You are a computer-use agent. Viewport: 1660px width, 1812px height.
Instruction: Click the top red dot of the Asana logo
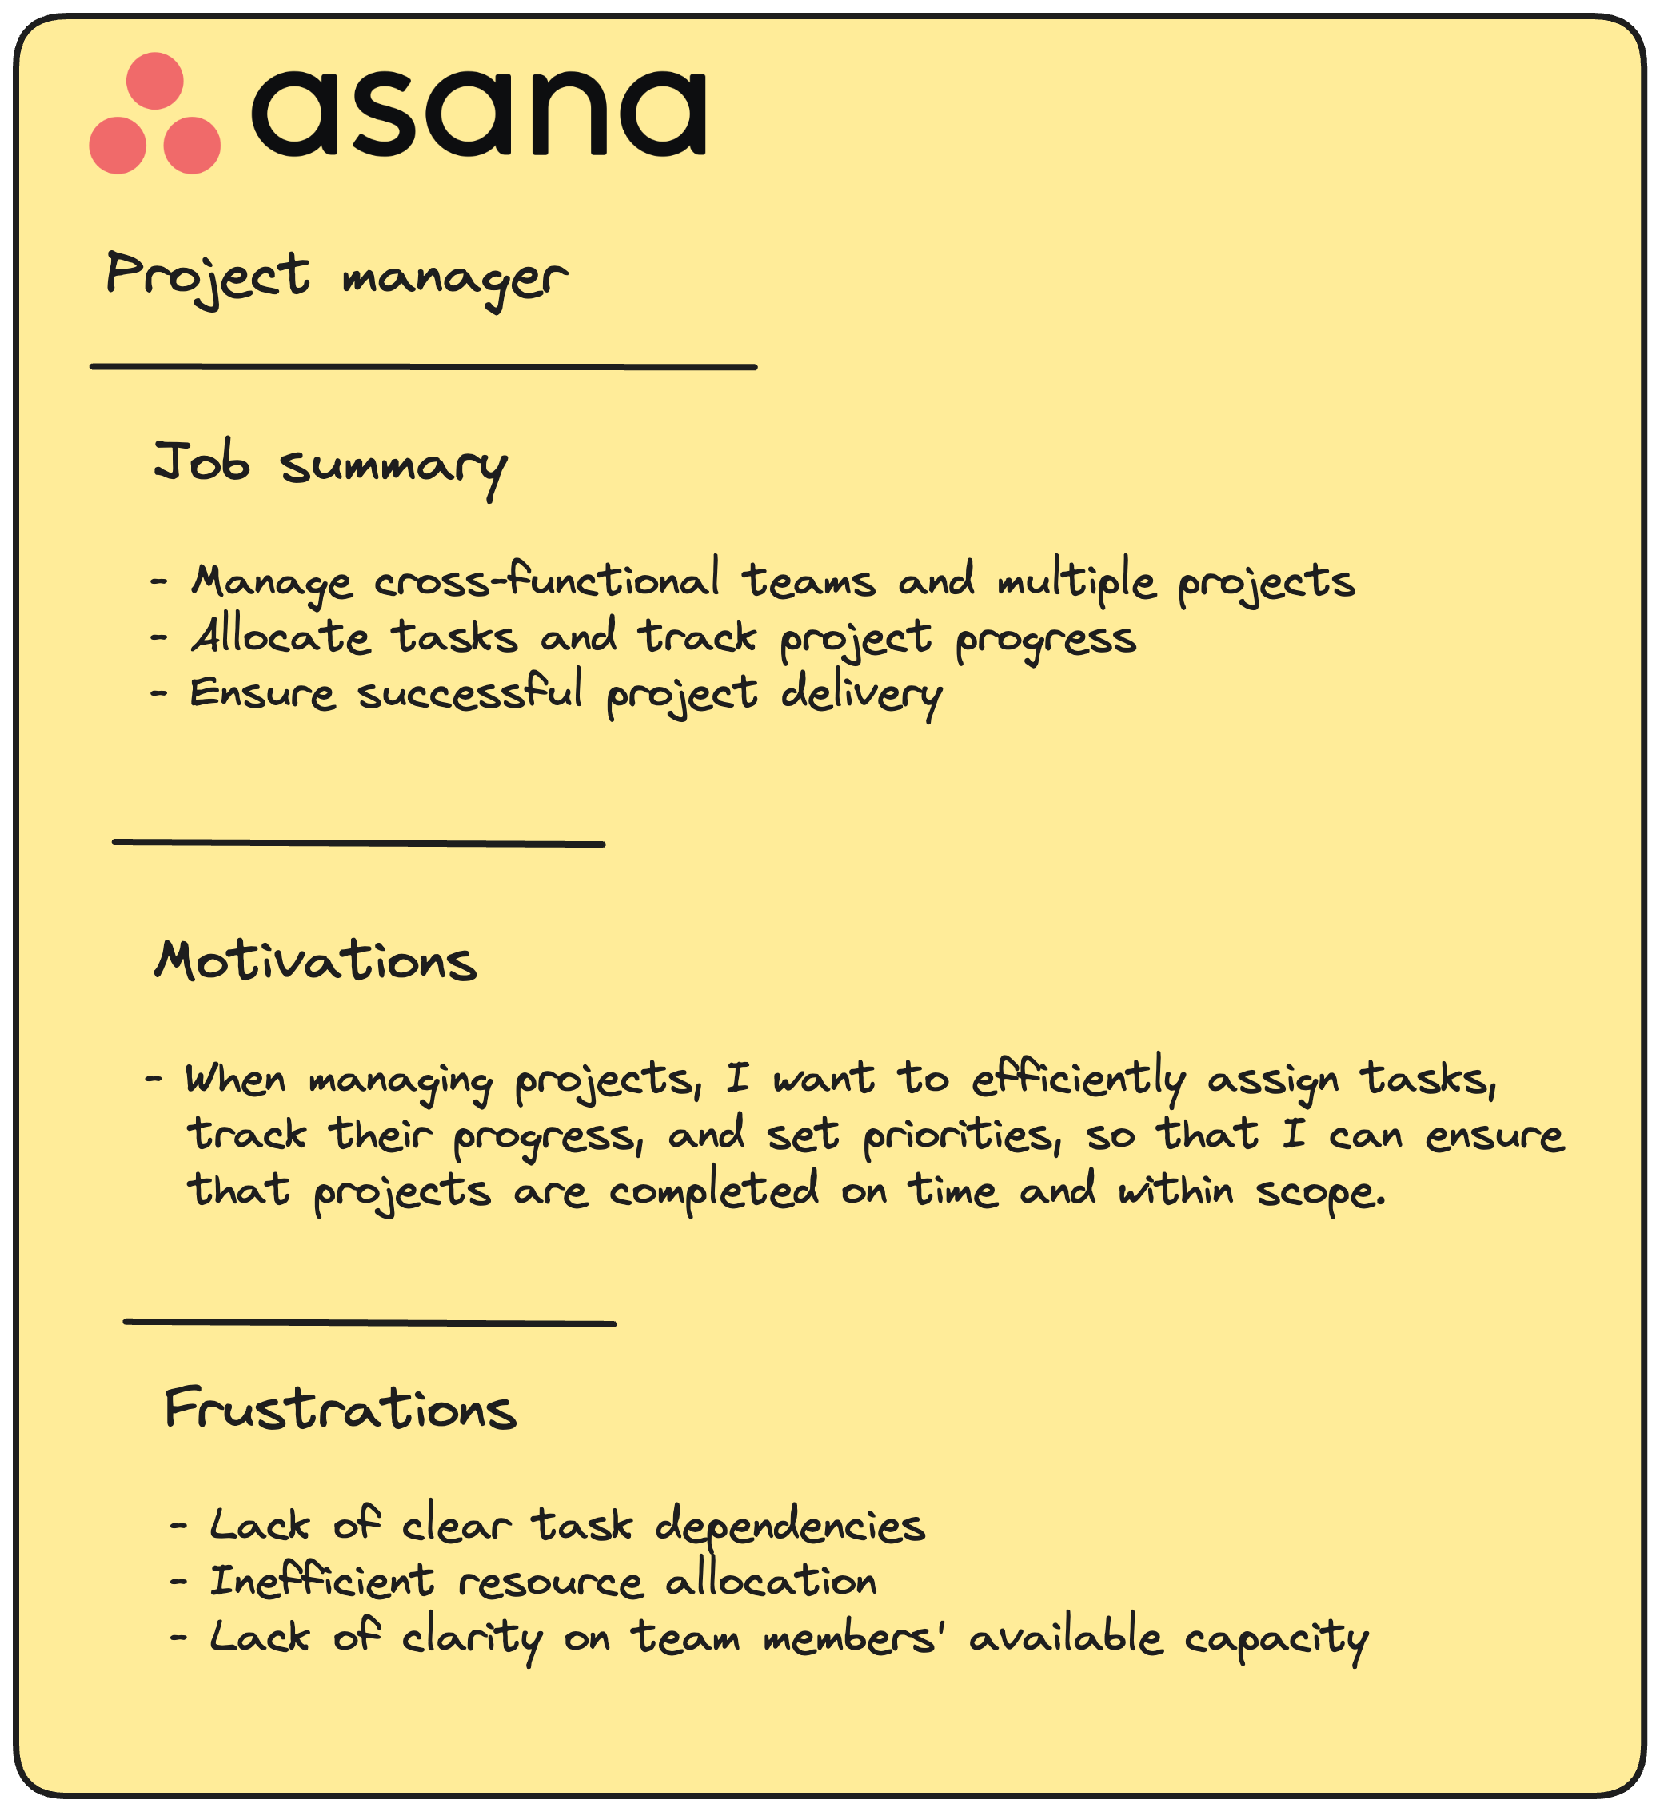154,81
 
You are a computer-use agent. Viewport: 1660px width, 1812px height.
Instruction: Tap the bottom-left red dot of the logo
118,145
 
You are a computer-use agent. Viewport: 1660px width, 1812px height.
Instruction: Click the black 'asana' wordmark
478,114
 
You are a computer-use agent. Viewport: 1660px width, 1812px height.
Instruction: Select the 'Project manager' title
336,277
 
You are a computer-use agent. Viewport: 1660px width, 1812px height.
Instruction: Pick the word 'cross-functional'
546,581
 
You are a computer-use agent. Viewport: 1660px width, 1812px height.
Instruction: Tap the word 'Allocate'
281,637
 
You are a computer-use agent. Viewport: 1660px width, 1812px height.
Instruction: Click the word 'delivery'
860,694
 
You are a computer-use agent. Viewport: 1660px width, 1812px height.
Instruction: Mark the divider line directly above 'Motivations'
358,843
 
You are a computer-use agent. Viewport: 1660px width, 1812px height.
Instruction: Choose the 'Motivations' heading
316,962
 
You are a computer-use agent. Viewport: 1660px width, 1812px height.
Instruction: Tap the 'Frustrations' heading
341,1409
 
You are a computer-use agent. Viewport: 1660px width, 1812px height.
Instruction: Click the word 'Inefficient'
321,1582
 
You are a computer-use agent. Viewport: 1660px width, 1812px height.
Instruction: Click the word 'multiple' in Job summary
1075,581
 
